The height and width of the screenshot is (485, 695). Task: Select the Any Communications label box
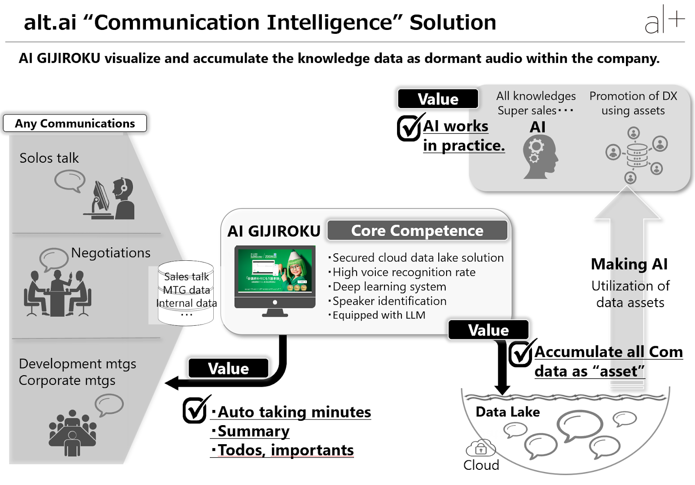coord(75,123)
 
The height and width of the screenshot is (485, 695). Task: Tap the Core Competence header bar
coord(417,230)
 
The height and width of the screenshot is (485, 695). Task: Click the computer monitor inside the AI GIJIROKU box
coord(275,278)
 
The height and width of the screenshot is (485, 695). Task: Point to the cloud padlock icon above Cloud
coord(480,448)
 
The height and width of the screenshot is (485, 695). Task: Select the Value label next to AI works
coord(438,99)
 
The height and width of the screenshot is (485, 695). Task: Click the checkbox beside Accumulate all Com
coord(520,354)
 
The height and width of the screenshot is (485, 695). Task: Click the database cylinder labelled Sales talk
coord(186,293)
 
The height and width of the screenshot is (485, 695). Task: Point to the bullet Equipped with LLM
coord(378,315)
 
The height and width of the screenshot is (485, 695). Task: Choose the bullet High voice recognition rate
coord(404,272)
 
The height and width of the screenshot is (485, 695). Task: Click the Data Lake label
coord(507,412)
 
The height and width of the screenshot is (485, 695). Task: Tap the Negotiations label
coord(111,252)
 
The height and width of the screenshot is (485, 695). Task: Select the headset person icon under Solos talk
coord(123,199)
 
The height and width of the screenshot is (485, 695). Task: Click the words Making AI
coord(629,264)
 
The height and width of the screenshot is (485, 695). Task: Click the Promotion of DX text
coord(633,96)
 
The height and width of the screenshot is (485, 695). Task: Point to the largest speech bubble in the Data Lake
coord(580,424)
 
